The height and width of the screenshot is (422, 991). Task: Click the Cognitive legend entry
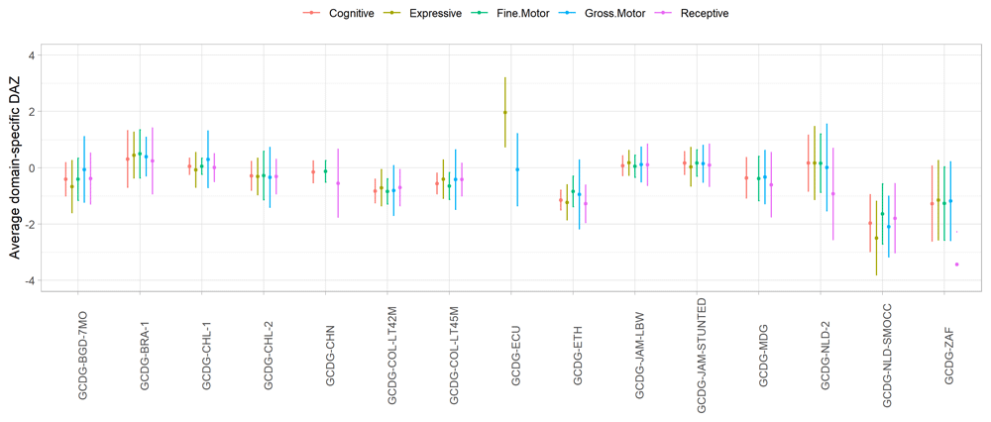point(348,13)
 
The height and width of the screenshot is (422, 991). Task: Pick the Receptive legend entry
point(700,13)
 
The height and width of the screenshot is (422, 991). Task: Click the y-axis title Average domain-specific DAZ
point(16,167)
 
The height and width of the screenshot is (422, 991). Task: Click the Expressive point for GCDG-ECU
point(504,112)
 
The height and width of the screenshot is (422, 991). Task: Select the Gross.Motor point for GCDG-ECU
point(517,169)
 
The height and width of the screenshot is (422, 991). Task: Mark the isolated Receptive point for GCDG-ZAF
point(956,264)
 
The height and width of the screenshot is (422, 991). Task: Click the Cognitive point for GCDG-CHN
point(313,171)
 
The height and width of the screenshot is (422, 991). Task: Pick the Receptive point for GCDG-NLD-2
point(832,194)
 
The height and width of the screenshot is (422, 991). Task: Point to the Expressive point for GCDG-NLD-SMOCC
point(876,238)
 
